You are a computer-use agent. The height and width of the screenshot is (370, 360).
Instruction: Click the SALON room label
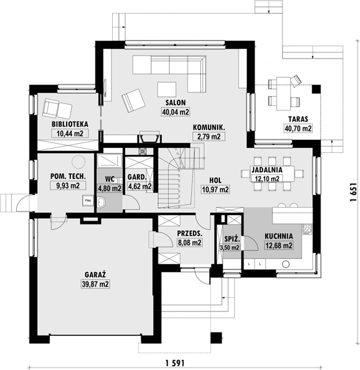click(x=175, y=102)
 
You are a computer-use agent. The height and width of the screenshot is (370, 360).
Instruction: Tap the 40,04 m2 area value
click(x=176, y=112)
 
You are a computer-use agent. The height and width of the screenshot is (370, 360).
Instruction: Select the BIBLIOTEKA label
click(x=70, y=124)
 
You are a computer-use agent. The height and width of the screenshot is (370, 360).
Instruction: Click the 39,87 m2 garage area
click(x=96, y=284)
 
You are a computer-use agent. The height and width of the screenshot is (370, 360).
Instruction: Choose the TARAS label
click(x=298, y=119)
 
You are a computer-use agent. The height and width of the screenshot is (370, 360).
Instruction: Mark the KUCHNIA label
click(x=279, y=236)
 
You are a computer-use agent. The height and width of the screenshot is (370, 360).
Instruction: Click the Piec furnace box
click(x=88, y=200)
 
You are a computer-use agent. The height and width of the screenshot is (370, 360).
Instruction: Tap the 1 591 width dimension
click(x=175, y=363)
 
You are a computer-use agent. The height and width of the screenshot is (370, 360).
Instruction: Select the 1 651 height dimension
click(x=353, y=192)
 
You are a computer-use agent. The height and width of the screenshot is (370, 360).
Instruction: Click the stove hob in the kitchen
click(x=307, y=229)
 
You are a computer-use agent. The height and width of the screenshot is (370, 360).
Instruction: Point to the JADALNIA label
click(x=267, y=170)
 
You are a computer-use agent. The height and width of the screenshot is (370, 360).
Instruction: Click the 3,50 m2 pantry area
click(x=229, y=247)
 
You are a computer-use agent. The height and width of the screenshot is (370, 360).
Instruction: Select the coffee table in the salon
click(x=167, y=89)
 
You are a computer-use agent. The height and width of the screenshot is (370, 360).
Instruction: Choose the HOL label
click(x=215, y=180)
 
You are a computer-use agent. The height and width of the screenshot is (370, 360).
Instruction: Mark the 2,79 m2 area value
click(x=209, y=137)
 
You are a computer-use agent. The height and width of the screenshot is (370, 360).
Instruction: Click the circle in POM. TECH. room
click(x=78, y=162)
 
